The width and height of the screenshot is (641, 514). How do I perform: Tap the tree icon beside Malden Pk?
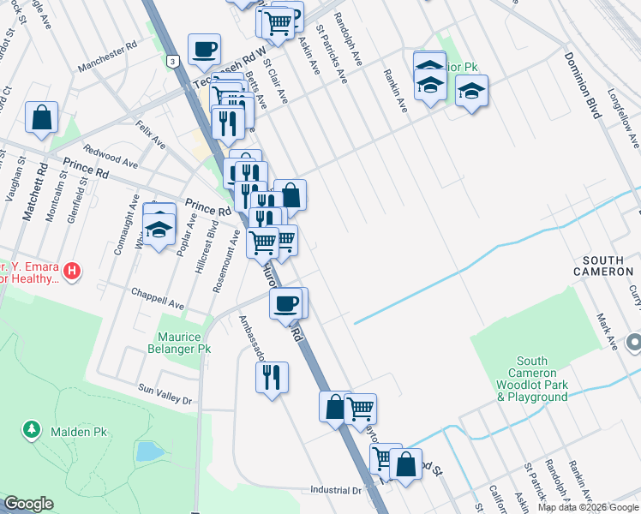[32, 428]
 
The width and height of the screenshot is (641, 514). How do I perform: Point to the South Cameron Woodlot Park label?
[531, 380]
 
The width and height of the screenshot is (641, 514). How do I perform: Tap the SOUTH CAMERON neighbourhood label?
[607, 266]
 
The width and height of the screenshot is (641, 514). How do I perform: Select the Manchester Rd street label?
[107, 57]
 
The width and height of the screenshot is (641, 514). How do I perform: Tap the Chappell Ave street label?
[158, 298]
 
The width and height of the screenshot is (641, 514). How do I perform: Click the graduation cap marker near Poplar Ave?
[159, 228]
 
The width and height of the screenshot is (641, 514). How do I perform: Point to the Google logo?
[27, 504]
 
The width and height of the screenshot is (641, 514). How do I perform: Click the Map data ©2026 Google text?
[587, 507]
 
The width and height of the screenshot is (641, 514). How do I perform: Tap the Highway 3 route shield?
[174, 62]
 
